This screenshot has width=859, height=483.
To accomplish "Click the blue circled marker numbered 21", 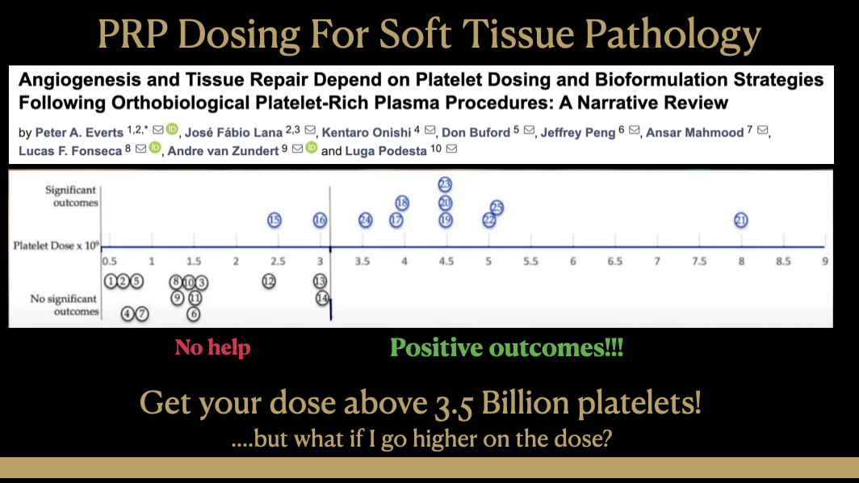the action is pyautogui.click(x=740, y=220).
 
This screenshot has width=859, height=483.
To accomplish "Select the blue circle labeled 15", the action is pyautogui.click(x=274, y=220).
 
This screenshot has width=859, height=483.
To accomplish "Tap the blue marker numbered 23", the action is pyautogui.click(x=445, y=184).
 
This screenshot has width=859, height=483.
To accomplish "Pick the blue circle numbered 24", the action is pyautogui.click(x=366, y=220).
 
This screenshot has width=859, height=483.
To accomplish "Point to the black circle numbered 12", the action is pyautogui.click(x=268, y=281).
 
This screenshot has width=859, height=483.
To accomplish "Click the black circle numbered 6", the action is pyautogui.click(x=194, y=314).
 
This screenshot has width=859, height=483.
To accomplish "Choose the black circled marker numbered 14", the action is pyautogui.click(x=322, y=298).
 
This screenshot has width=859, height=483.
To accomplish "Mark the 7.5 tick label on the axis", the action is pyautogui.click(x=699, y=262).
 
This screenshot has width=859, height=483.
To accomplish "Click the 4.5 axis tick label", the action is pyautogui.click(x=446, y=262).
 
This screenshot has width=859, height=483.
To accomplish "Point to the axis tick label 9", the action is pyautogui.click(x=824, y=262).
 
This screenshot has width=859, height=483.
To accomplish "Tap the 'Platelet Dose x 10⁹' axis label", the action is pyautogui.click(x=57, y=245).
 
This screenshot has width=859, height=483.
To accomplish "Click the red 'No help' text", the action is pyautogui.click(x=212, y=347).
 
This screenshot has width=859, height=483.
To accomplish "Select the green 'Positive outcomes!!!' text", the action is pyautogui.click(x=506, y=347).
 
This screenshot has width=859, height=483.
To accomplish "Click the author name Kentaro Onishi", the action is pyautogui.click(x=366, y=132).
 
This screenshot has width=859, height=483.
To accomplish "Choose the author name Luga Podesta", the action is pyautogui.click(x=386, y=151).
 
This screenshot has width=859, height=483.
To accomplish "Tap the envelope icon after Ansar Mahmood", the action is pyautogui.click(x=762, y=130).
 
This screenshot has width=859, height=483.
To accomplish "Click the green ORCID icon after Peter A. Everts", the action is pyautogui.click(x=172, y=129).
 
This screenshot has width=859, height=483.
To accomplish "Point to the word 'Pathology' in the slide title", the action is pyautogui.click(x=673, y=34).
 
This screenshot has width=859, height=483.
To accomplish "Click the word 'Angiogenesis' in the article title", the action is pyautogui.click(x=80, y=80).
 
